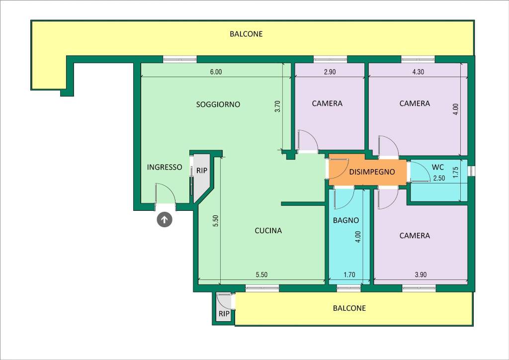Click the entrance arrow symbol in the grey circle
(x=165, y=220)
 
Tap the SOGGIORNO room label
(x=218, y=104)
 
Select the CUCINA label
(x=268, y=231)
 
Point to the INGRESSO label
(x=165, y=167)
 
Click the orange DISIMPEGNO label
(x=372, y=172)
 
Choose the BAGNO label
(x=346, y=220)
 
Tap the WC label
(x=437, y=167)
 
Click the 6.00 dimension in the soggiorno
(x=216, y=72)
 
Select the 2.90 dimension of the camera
(x=330, y=72)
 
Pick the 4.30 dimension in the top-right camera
(x=418, y=72)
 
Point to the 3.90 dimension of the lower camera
(x=421, y=275)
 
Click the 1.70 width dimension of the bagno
(x=349, y=275)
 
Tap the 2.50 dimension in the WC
(x=439, y=178)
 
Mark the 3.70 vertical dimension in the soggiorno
(x=277, y=106)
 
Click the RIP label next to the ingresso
(x=202, y=171)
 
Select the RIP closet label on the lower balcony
(x=224, y=314)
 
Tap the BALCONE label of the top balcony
(x=246, y=34)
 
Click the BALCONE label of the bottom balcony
(x=349, y=308)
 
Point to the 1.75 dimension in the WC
(x=456, y=173)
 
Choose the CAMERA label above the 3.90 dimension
(x=415, y=236)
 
